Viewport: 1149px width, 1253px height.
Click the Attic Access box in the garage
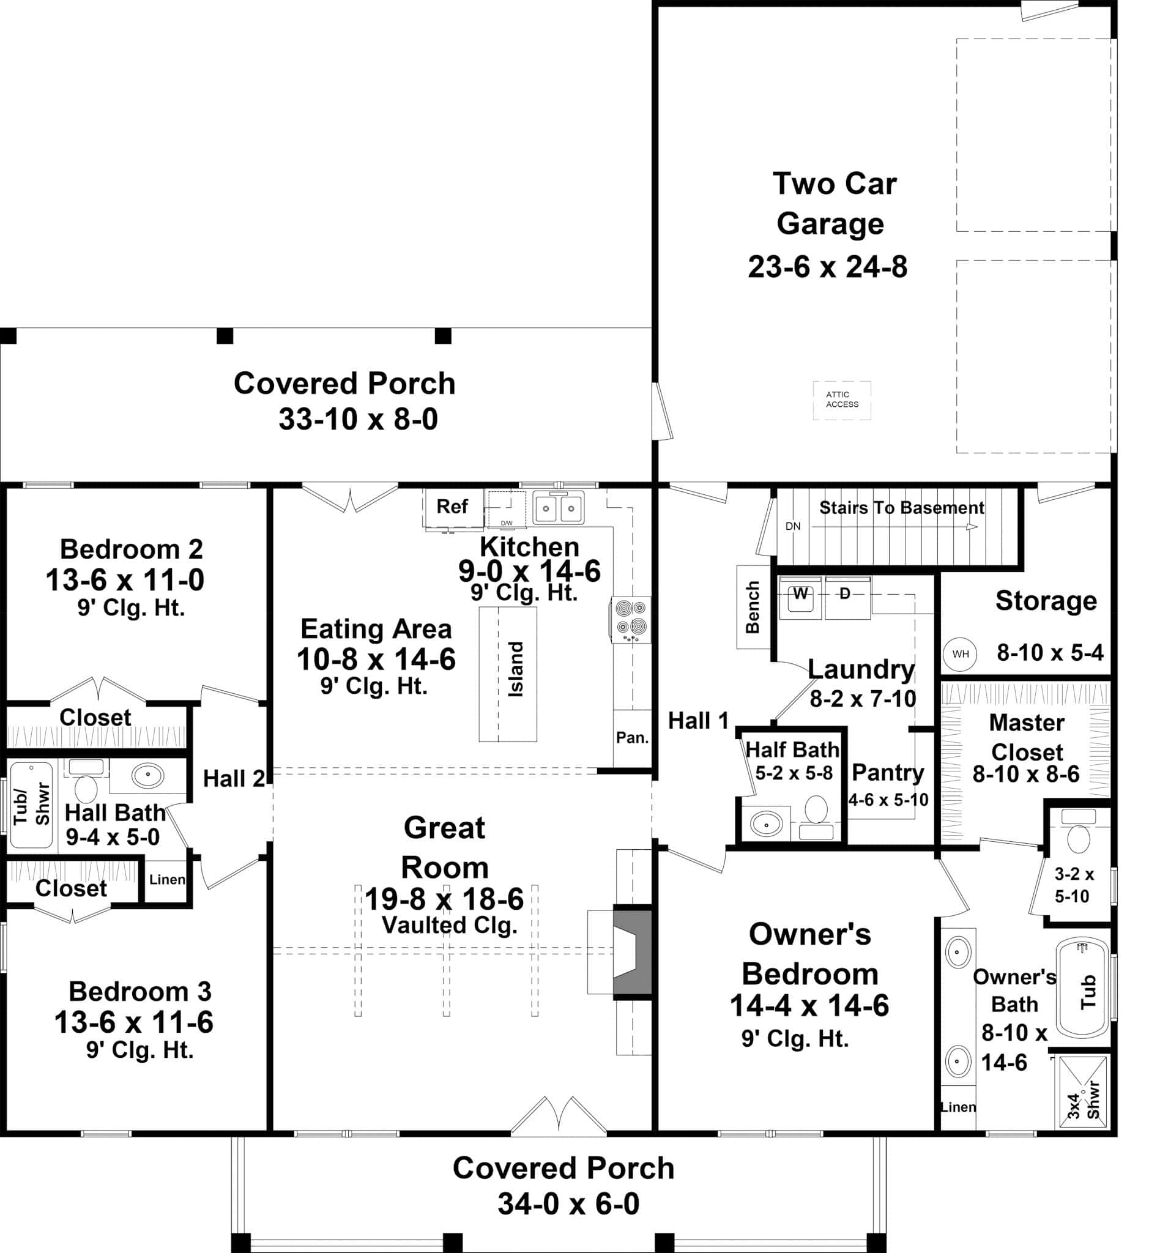point(841,400)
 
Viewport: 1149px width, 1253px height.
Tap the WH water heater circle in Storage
point(960,653)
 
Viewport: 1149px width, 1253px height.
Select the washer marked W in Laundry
point(800,598)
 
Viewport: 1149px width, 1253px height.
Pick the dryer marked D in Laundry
point(846,597)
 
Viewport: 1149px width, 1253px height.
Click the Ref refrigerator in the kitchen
point(452,507)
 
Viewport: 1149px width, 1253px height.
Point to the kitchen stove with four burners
point(630,619)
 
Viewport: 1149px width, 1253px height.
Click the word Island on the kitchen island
point(516,669)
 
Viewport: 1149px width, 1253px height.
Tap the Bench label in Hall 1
point(753,607)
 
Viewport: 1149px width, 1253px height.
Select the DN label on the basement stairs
point(793,526)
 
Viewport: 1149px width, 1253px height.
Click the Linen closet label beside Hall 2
point(166,879)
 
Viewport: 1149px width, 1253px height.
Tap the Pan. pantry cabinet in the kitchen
point(631,737)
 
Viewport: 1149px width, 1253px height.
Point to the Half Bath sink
point(766,825)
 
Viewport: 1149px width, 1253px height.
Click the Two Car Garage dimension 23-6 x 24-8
point(828,267)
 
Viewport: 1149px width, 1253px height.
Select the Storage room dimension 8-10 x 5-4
point(1050,652)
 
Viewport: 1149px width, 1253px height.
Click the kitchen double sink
point(559,508)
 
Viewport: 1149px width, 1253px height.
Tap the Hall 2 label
point(234,779)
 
